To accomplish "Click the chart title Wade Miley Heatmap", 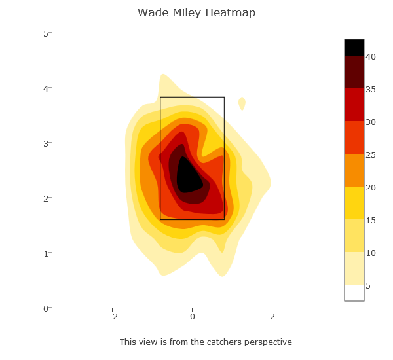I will click(x=196, y=13).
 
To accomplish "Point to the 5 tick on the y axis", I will click(x=47, y=33).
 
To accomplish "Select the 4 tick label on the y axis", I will click(x=47, y=88).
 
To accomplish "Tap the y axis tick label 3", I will click(x=47, y=143).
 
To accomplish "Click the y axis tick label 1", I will click(x=47, y=253).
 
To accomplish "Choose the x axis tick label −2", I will click(x=113, y=317).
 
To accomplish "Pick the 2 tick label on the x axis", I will click(x=272, y=317).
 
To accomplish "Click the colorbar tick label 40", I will click(x=370, y=57).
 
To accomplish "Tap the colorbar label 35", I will click(x=370, y=90).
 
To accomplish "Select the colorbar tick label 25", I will click(x=370, y=155).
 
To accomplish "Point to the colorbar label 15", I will click(x=370, y=221).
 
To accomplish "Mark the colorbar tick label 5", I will click(x=368, y=286).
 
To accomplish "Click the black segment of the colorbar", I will click(x=354, y=47).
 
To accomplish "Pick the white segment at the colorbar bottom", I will click(x=354, y=293).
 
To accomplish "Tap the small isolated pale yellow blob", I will click(x=242, y=103).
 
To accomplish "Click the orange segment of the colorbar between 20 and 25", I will click(x=354, y=170).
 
